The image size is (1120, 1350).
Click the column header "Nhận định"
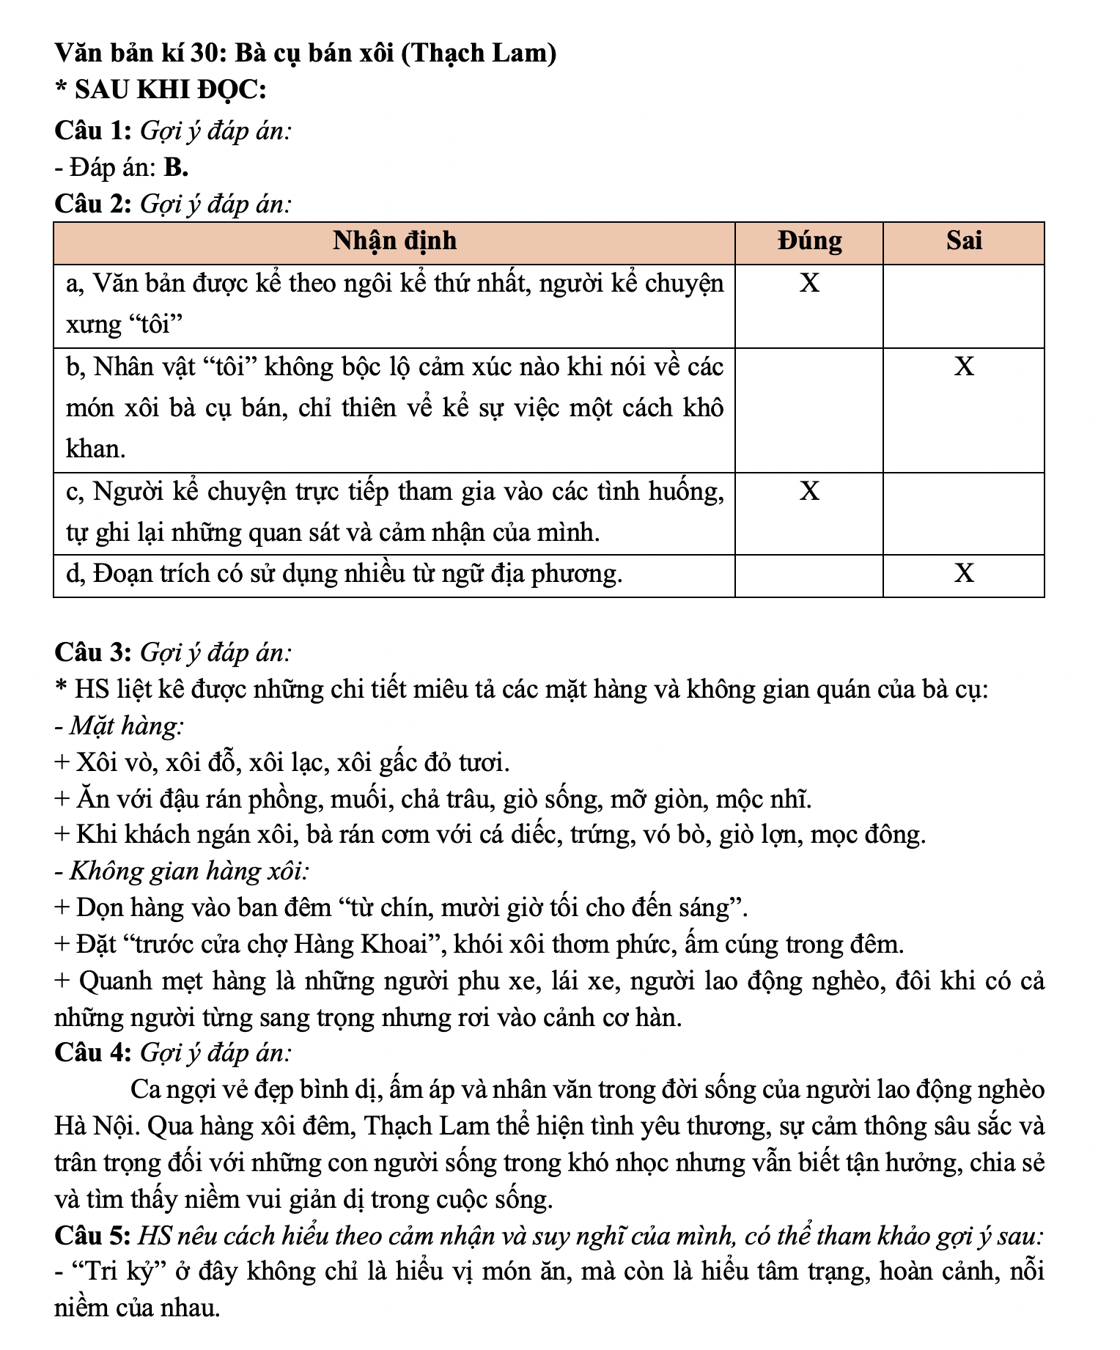[x=394, y=241]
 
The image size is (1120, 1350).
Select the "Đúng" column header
[x=809, y=241]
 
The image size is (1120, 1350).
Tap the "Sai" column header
[x=963, y=241]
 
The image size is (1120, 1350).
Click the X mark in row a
[x=809, y=283]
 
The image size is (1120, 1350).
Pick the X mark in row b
[x=964, y=366]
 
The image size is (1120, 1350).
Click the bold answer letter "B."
[x=177, y=169]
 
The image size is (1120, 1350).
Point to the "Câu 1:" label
[x=92, y=131]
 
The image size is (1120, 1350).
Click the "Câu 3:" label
[x=92, y=652]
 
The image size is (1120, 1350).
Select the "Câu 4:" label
[x=92, y=1053]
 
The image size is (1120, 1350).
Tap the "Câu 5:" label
[x=92, y=1236]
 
